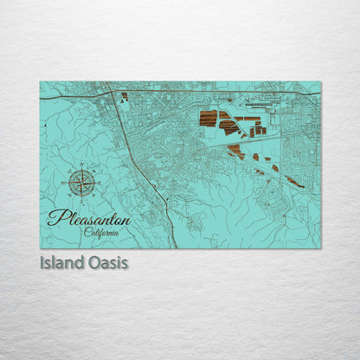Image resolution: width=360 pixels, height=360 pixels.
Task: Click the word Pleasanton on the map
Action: point(88,218)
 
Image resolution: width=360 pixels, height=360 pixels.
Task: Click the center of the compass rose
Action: point(81,181)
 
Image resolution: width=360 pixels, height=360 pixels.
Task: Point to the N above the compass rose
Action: point(81,164)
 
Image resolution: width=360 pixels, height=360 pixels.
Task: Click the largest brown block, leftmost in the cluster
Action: point(208,119)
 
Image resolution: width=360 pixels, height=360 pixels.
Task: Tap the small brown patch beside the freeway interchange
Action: point(124,96)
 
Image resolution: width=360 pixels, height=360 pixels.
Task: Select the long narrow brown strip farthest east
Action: point(295,183)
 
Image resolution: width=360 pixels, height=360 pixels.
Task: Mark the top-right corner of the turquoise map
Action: point(320,81)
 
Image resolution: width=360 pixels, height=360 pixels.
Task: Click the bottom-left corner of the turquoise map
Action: point(40,249)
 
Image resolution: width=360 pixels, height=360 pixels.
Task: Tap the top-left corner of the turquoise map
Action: point(40,81)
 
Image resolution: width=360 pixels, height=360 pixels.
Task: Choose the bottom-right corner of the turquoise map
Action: point(320,249)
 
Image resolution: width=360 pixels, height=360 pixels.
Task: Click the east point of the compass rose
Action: point(95,181)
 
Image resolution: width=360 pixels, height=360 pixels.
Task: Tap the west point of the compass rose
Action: point(67,181)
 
